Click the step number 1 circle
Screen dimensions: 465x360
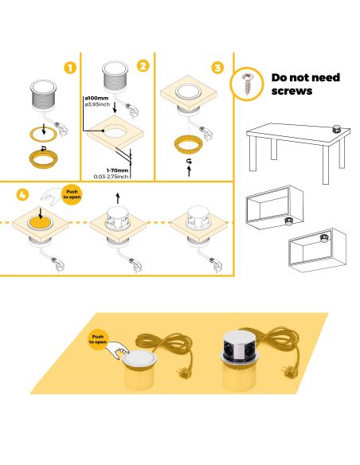click(70, 68)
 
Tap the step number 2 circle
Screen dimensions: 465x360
click(143, 65)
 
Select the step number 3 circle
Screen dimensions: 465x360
click(217, 67)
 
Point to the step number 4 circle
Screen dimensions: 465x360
click(22, 193)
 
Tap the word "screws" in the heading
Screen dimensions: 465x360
click(293, 92)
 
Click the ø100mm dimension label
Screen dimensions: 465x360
click(97, 98)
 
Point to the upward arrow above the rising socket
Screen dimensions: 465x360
click(119, 198)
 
